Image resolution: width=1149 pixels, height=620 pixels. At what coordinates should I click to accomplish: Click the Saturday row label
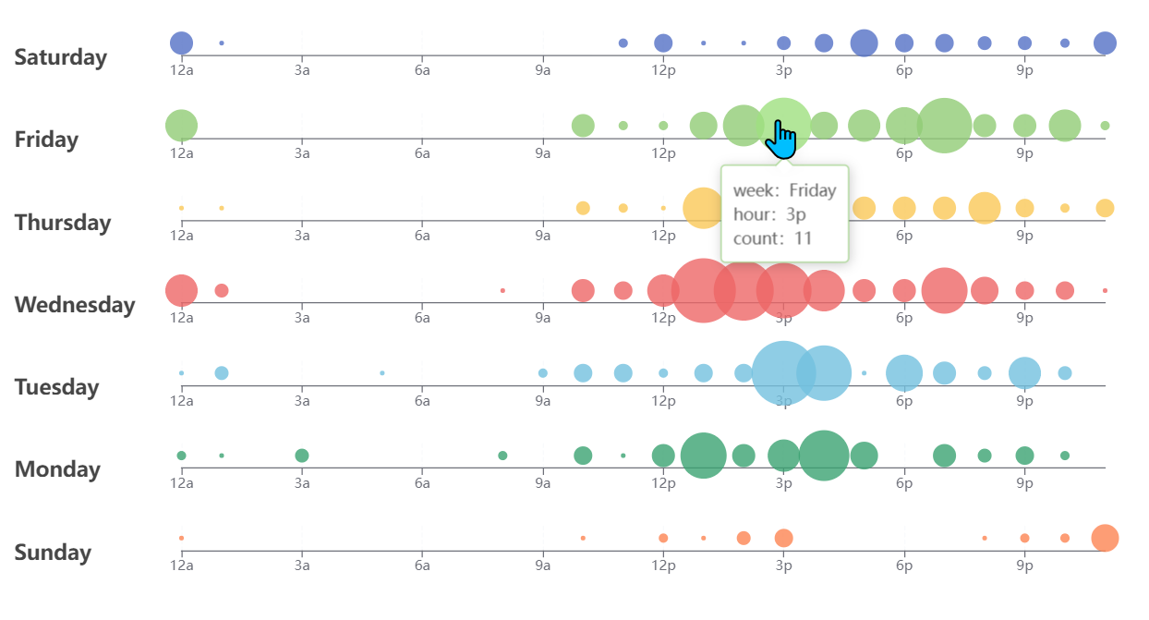[61, 57]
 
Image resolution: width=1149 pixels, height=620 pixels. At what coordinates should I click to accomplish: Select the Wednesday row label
[75, 305]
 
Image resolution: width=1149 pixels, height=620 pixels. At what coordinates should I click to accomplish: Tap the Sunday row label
[53, 553]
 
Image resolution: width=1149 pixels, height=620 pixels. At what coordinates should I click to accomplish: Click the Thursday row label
[63, 223]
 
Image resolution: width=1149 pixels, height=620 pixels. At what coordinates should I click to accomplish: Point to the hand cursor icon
[781, 140]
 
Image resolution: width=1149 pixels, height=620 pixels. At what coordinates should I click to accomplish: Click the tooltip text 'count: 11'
[772, 237]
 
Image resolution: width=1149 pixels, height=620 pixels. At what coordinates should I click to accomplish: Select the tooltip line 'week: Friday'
[784, 190]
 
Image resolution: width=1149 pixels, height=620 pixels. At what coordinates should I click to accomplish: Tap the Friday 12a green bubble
[181, 126]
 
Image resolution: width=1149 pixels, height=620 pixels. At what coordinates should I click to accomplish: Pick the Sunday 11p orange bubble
[1105, 538]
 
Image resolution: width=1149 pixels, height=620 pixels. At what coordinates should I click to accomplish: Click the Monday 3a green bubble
[302, 456]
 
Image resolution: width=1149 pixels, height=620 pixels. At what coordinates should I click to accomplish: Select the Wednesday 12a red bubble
[181, 290]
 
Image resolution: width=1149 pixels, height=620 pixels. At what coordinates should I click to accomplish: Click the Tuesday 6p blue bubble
[904, 373]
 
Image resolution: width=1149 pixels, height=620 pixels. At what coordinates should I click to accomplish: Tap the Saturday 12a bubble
[181, 43]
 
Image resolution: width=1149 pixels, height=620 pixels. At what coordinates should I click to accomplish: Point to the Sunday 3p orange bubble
[783, 538]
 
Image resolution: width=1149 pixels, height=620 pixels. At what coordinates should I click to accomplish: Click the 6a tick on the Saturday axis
[422, 70]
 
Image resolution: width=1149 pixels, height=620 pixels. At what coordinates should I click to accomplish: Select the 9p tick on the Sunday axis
[1024, 565]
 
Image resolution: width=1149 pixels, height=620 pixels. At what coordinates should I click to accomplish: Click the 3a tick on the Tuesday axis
[302, 400]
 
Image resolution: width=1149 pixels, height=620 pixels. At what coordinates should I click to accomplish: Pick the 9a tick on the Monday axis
[543, 483]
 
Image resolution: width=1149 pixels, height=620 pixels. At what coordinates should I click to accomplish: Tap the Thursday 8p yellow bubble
[985, 208]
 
